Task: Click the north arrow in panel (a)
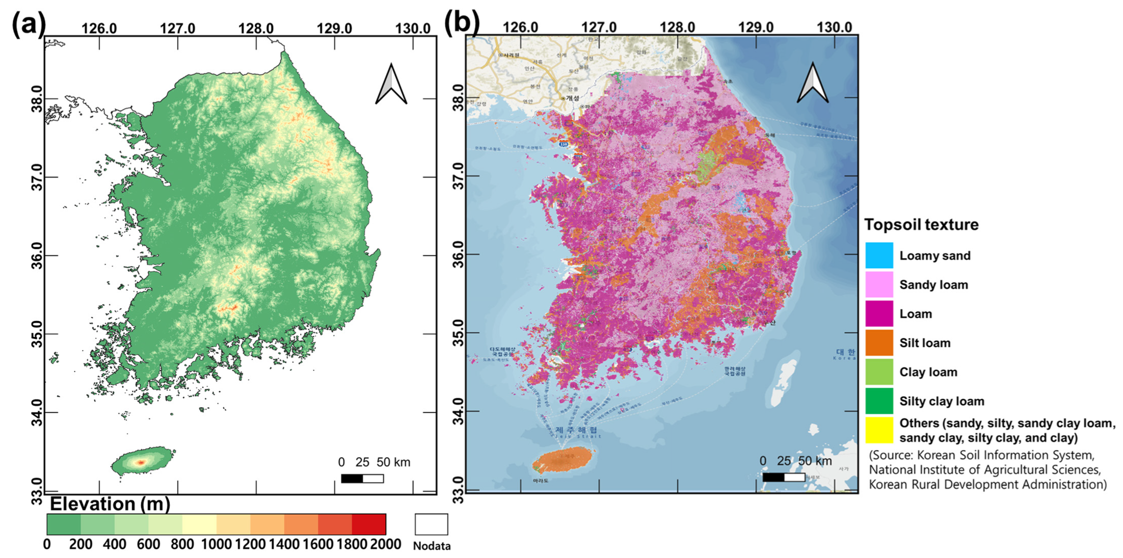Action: [391, 85]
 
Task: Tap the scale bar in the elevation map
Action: [362, 479]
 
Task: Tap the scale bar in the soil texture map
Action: [784, 477]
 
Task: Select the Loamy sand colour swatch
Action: [879, 255]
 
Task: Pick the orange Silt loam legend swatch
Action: [879, 342]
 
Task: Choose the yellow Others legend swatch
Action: [879, 430]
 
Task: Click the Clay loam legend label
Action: [928, 372]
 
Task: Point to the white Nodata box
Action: [431, 524]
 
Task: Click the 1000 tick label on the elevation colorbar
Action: [216, 544]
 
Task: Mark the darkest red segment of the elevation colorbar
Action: [369, 524]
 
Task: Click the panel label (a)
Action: [28, 24]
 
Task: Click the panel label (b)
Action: [461, 23]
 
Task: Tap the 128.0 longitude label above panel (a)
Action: [256, 28]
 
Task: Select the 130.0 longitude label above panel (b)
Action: [834, 27]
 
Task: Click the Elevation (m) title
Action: [110, 504]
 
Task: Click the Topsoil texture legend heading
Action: [921, 225]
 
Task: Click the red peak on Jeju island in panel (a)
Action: [141, 462]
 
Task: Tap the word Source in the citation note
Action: [892, 455]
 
